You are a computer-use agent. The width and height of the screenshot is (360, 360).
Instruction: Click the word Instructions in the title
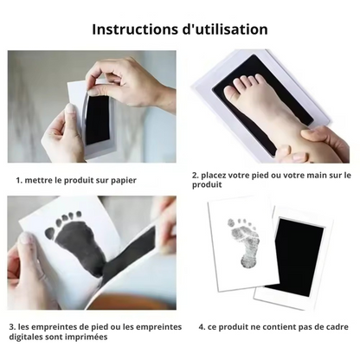click(x=135, y=29)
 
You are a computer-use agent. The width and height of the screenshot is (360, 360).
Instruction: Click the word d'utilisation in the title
click(x=225, y=29)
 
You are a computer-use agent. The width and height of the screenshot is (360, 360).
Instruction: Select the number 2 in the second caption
click(x=195, y=176)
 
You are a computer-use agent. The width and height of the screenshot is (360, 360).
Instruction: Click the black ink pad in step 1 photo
click(x=98, y=119)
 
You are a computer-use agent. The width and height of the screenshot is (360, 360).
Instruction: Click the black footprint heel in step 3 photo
click(x=92, y=265)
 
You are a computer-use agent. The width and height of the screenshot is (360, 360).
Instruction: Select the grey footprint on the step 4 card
click(x=241, y=242)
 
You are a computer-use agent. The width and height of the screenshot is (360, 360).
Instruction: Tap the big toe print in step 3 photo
click(x=50, y=233)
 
